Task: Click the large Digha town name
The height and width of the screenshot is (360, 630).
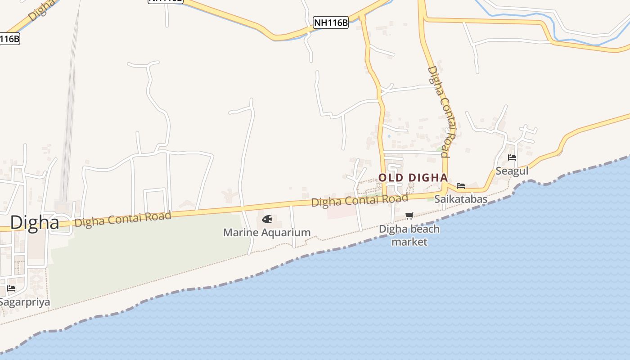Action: (35, 222)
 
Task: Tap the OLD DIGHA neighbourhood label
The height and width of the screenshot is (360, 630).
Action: (413, 178)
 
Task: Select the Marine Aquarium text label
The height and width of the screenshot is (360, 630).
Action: (267, 233)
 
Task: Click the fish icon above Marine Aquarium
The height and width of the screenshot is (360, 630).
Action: (267, 220)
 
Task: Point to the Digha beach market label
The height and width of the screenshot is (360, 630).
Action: (409, 235)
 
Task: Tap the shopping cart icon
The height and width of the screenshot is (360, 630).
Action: (409, 216)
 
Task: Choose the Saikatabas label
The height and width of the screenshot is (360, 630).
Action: (461, 199)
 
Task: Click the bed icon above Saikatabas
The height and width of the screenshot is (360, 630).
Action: (461, 185)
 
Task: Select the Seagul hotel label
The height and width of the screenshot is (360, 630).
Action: (512, 171)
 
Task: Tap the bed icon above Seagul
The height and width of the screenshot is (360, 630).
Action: (512, 157)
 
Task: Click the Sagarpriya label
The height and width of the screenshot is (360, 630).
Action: (24, 301)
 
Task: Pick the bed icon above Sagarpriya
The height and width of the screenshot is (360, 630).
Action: (11, 288)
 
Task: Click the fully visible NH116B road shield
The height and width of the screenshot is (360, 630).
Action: (331, 22)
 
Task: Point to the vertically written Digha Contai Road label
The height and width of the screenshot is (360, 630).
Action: (439, 112)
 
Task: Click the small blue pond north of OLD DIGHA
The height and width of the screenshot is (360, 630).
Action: (389, 136)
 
